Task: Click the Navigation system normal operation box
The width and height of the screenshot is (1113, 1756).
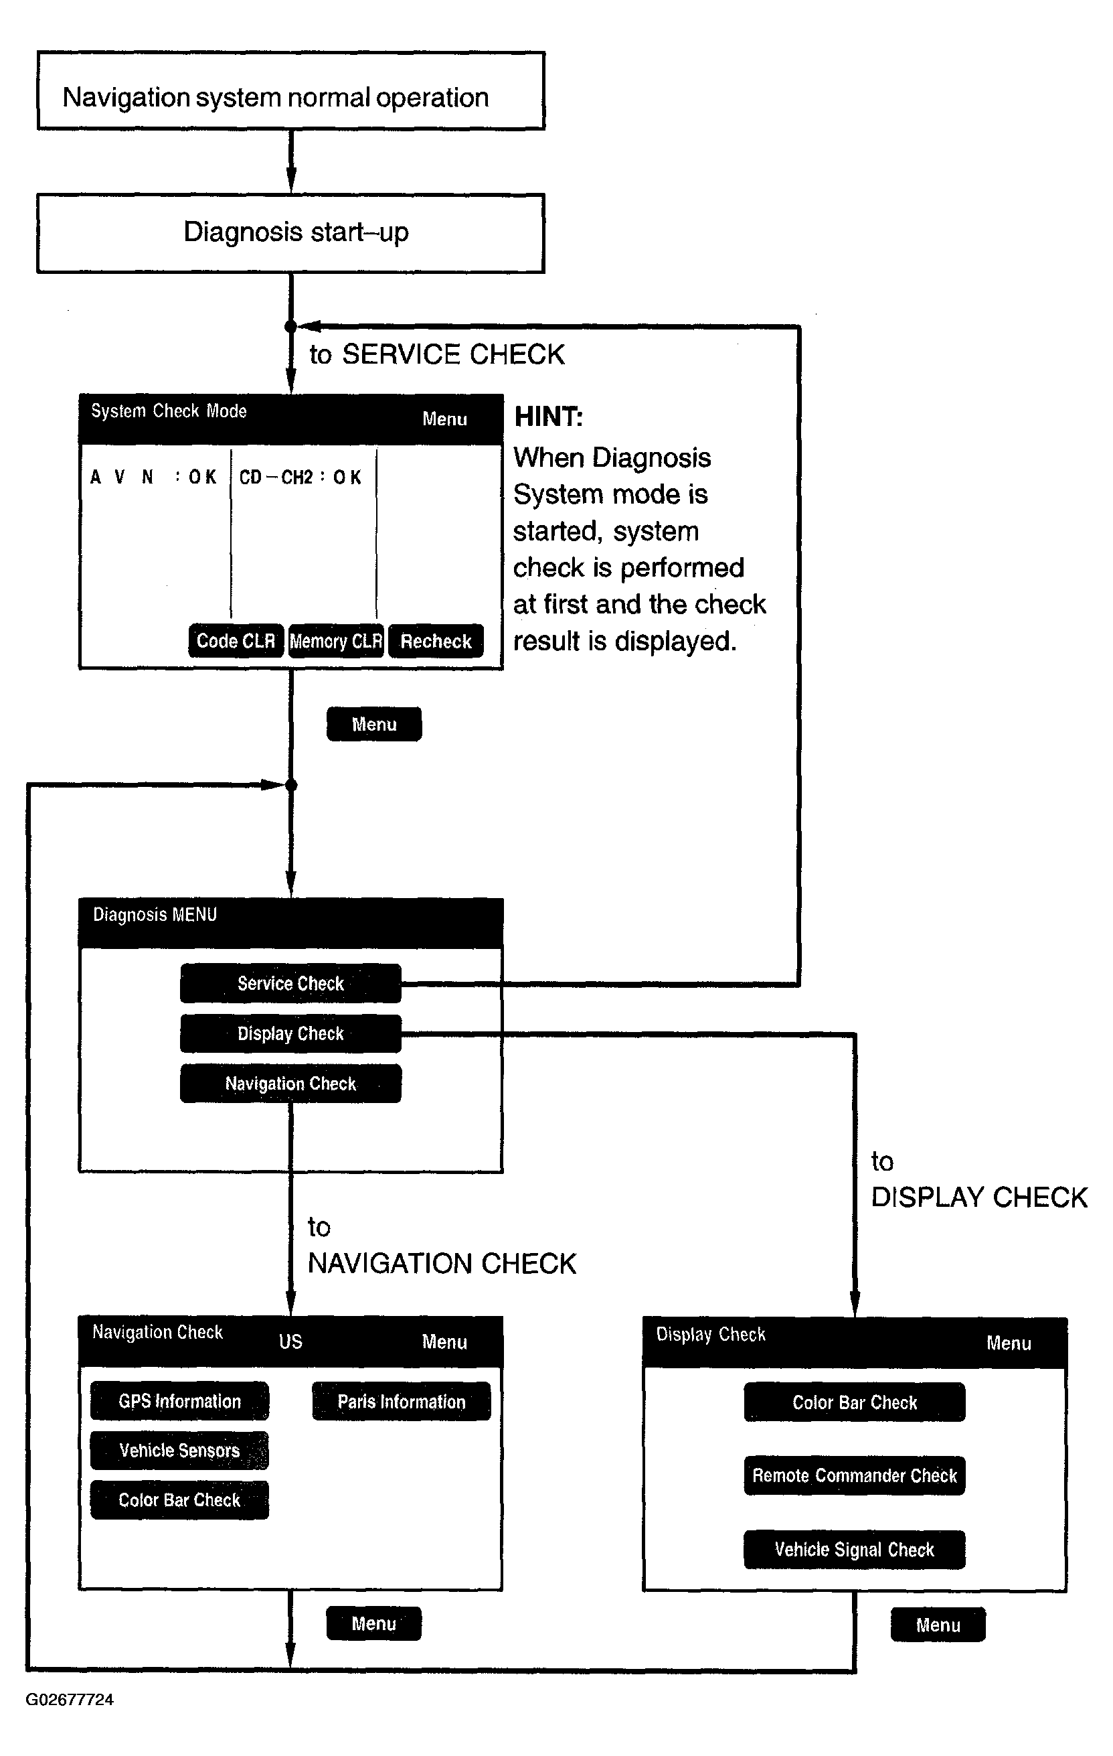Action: click(291, 91)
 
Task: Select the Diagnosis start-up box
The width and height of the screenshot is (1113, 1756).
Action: click(291, 233)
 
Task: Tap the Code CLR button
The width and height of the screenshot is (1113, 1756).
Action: click(236, 641)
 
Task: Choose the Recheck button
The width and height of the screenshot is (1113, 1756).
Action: click(436, 641)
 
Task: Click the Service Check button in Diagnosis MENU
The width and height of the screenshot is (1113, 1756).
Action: click(291, 983)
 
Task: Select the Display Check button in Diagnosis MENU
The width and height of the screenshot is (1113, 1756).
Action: click(291, 1033)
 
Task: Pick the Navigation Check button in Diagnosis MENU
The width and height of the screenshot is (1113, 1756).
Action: click(291, 1084)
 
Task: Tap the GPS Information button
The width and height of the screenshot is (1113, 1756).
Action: click(179, 1401)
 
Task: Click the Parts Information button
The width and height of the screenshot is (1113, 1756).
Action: click(402, 1401)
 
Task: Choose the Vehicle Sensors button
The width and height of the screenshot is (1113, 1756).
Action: click(179, 1451)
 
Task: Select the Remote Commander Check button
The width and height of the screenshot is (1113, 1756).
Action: click(854, 1476)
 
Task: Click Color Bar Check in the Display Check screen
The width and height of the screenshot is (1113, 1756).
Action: click(854, 1402)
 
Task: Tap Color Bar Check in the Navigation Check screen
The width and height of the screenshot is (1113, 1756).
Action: click(179, 1500)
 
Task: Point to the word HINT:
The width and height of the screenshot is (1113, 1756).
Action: click(549, 417)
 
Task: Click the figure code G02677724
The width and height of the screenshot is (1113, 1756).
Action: click(70, 1700)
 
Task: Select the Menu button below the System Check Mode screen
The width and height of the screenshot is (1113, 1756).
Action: click(374, 724)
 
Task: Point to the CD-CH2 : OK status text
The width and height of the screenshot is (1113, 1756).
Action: click(301, 477)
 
